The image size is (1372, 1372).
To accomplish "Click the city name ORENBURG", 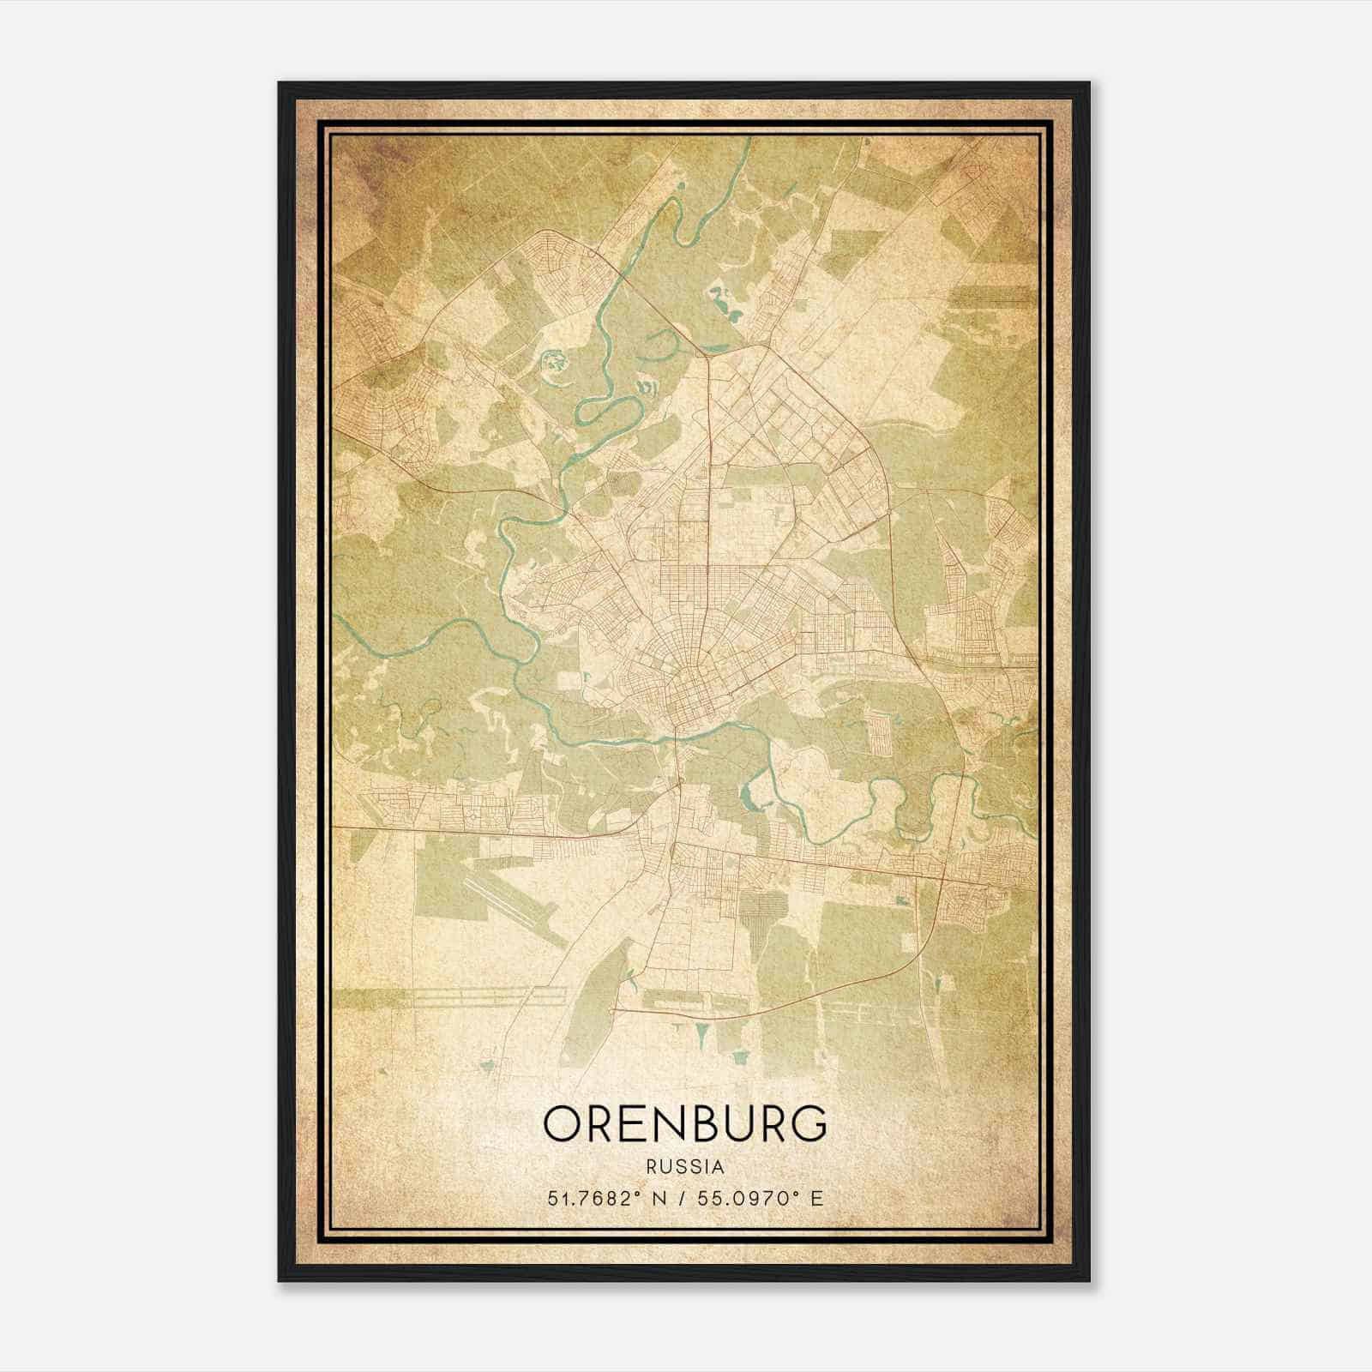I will point(685,1123).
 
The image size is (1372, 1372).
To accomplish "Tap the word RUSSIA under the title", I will point(685,1167).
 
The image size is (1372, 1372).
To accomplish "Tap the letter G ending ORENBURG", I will point(809,1123).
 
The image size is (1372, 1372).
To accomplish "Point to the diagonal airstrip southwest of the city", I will point(514,900).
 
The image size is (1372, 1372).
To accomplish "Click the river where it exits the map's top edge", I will point(749,140).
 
